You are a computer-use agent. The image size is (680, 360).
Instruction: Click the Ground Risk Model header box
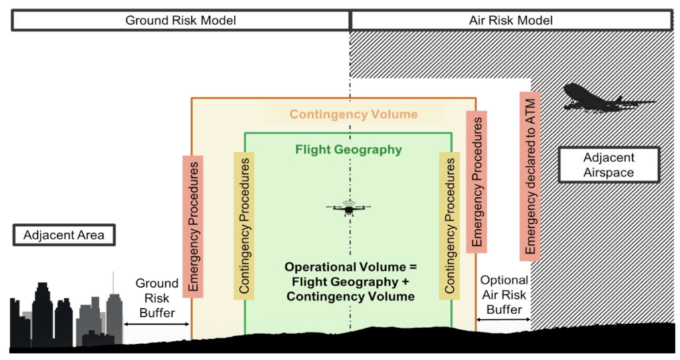coord(181,21)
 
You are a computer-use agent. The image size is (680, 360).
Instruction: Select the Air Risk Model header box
coord(511,21)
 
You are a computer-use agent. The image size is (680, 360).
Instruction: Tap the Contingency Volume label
coord(353,114)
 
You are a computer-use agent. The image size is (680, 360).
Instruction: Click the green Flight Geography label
coord(348,149)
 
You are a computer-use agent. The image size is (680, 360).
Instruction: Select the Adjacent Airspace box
coord(609,165)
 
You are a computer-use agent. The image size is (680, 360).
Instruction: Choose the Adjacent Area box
coord(64,235)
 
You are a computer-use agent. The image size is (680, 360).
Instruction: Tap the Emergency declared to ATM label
coord(530,176)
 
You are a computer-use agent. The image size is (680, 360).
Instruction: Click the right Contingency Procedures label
coord(450,226)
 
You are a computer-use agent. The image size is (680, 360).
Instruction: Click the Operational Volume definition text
coord(349,281)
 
